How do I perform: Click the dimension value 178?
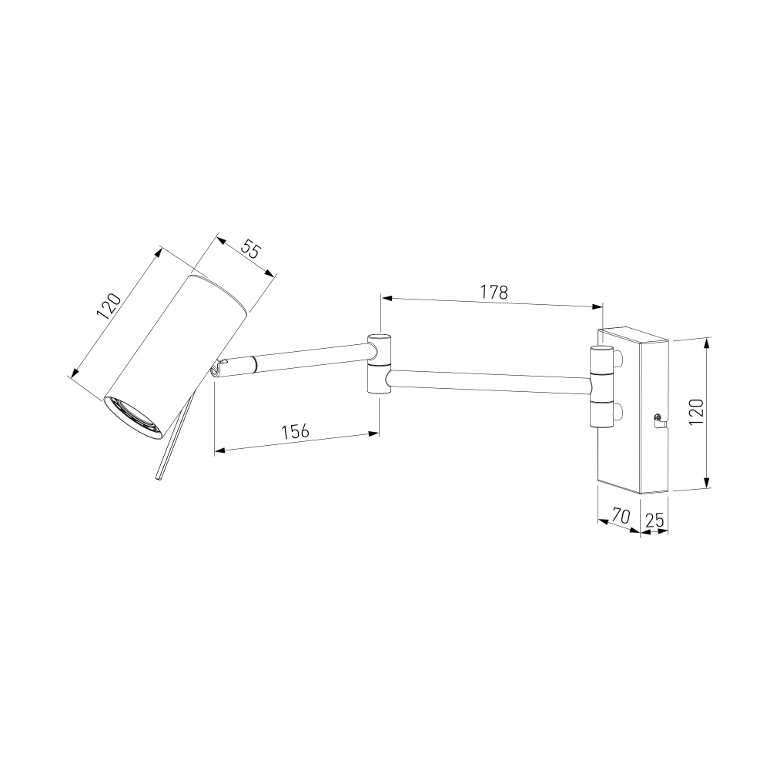[x=494, y=292]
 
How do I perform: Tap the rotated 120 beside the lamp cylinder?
[x=109, y=306]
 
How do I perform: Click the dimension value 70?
[x=621, y=516]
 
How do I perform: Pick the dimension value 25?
[x=654, y=520]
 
